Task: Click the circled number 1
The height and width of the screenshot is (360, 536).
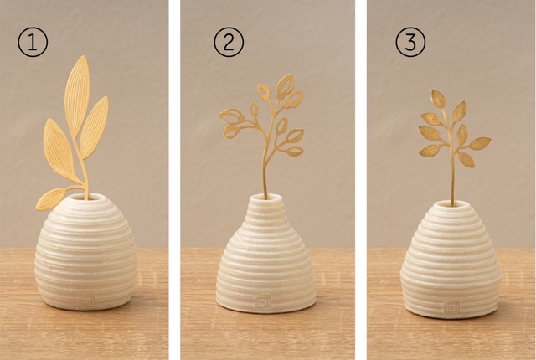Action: coord(33,43)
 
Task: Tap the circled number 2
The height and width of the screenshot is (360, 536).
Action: coord(229,43)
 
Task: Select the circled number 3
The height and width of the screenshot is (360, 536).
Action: coord(410,43)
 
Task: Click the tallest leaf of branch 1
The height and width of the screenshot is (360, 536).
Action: coord(77,92)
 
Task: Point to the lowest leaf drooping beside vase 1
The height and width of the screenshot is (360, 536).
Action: coord(50,198)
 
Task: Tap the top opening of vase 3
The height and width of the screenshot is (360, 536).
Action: coord(452,204)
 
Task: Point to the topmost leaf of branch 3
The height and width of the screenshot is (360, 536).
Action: coord(439,99)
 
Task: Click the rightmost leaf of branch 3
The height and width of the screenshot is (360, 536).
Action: coord(480,143)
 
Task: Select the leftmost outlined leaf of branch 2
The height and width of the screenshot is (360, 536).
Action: coord(231,116)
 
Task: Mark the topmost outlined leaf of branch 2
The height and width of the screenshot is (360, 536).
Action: coord(286,86)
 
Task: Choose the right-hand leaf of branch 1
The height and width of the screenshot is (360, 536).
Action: coord(94,128)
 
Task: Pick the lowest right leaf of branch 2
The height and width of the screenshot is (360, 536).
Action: coord(295,151)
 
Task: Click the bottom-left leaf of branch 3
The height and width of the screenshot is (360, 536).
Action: coord(430,151)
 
